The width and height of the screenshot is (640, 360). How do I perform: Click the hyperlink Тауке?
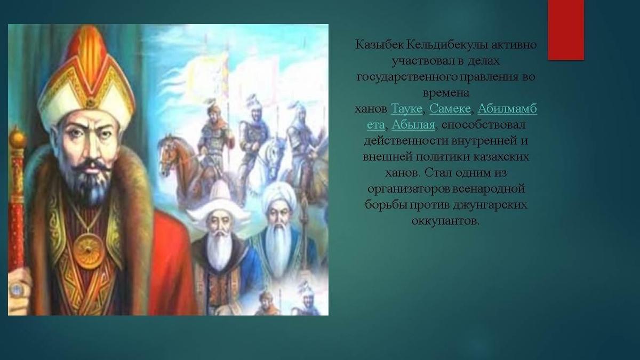406,109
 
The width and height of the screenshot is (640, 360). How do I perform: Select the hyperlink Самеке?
450,109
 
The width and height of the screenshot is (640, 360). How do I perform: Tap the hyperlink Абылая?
413,125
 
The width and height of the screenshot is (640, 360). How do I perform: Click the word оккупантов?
445,221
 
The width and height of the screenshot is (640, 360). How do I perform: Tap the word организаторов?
409,189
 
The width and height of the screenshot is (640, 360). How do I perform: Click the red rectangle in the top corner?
566,30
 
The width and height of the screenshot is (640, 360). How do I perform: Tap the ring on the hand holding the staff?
15,289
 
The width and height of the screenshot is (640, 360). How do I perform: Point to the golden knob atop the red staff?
17,139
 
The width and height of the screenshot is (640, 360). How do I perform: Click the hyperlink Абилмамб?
507,109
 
